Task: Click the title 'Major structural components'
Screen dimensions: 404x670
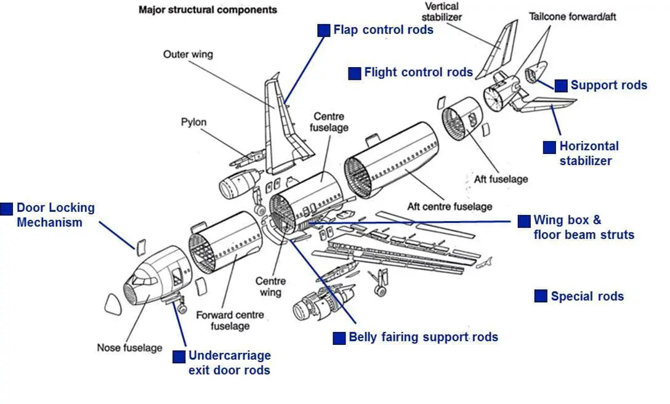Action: [x=208, y=10]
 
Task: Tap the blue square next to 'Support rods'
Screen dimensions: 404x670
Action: [x=561, y=86]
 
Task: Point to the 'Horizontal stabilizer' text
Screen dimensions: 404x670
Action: [x=589, y=153]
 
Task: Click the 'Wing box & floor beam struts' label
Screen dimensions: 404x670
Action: [x=583, y=227]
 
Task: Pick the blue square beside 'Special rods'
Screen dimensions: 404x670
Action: [x=541, y=296]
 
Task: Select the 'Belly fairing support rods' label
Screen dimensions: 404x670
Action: [x=423, y=337]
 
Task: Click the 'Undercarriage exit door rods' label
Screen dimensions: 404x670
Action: [x=229, y=363]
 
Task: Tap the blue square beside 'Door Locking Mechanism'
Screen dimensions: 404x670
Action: [x=6, y=209]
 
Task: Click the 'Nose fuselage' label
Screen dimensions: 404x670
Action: [x=129, y=348]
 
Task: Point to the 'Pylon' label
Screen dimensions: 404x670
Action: [x=193, y=122]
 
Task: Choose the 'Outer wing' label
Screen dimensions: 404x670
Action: [x=188, y=54]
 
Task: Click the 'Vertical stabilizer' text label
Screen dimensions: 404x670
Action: [x=442, y=12]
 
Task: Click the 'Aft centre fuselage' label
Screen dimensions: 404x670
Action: [x=450, y=207]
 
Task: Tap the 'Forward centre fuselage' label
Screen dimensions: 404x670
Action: [x=230, y=320]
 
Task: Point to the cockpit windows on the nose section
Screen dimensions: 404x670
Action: [x=142, y=281]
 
